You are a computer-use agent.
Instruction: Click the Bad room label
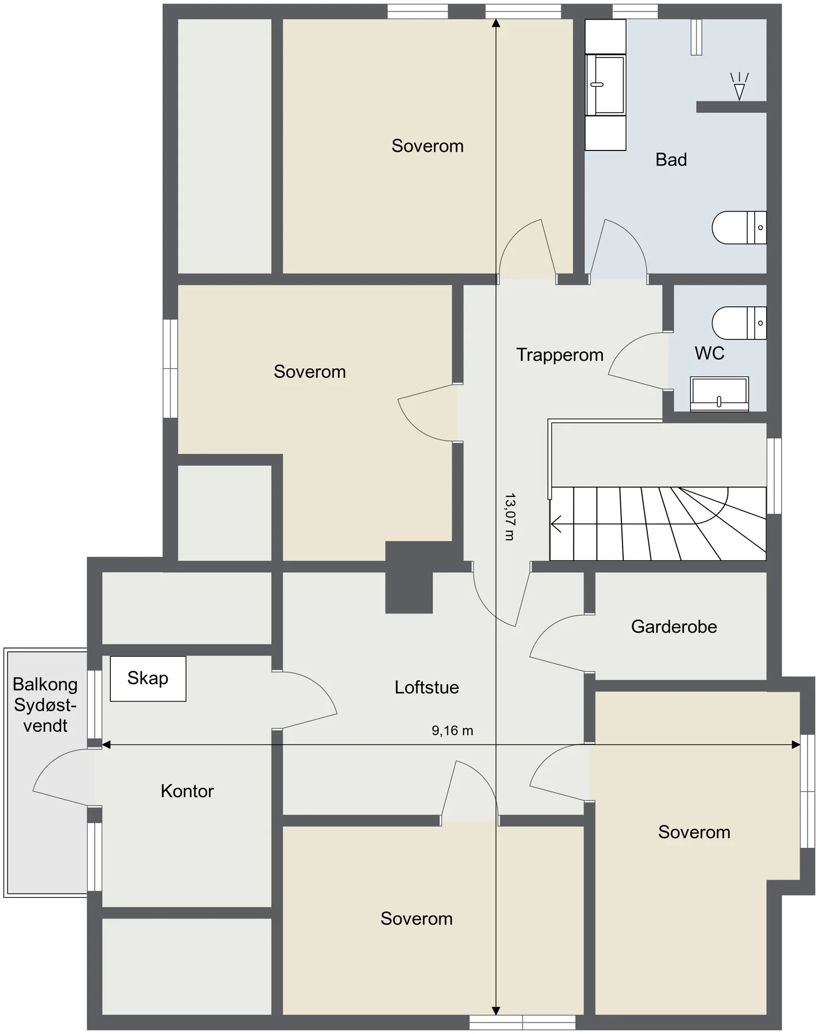point(671,160)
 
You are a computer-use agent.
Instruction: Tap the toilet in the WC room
point(739,323)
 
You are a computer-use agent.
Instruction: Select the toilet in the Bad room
point(739,227)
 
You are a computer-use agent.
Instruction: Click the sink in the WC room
point(719,394)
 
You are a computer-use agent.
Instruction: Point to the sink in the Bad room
point(605,84)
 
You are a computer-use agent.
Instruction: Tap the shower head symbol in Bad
point(739,87)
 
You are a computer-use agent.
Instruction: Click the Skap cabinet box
point(148,678)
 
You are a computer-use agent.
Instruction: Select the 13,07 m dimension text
point(509,516)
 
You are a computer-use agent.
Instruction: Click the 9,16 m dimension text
point(453,731)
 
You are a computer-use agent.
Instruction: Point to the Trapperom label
point(559,355)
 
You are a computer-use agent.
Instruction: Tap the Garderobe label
point(674,626)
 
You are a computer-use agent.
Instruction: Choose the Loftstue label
point(427,688)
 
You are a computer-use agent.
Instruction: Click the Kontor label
point(187,791)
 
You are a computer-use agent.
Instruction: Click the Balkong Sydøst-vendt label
point(45,705)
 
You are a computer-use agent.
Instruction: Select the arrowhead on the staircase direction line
point(555,524)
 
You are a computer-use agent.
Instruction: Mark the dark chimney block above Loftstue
point(408,577)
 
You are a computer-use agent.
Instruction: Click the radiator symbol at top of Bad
point(696,37)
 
